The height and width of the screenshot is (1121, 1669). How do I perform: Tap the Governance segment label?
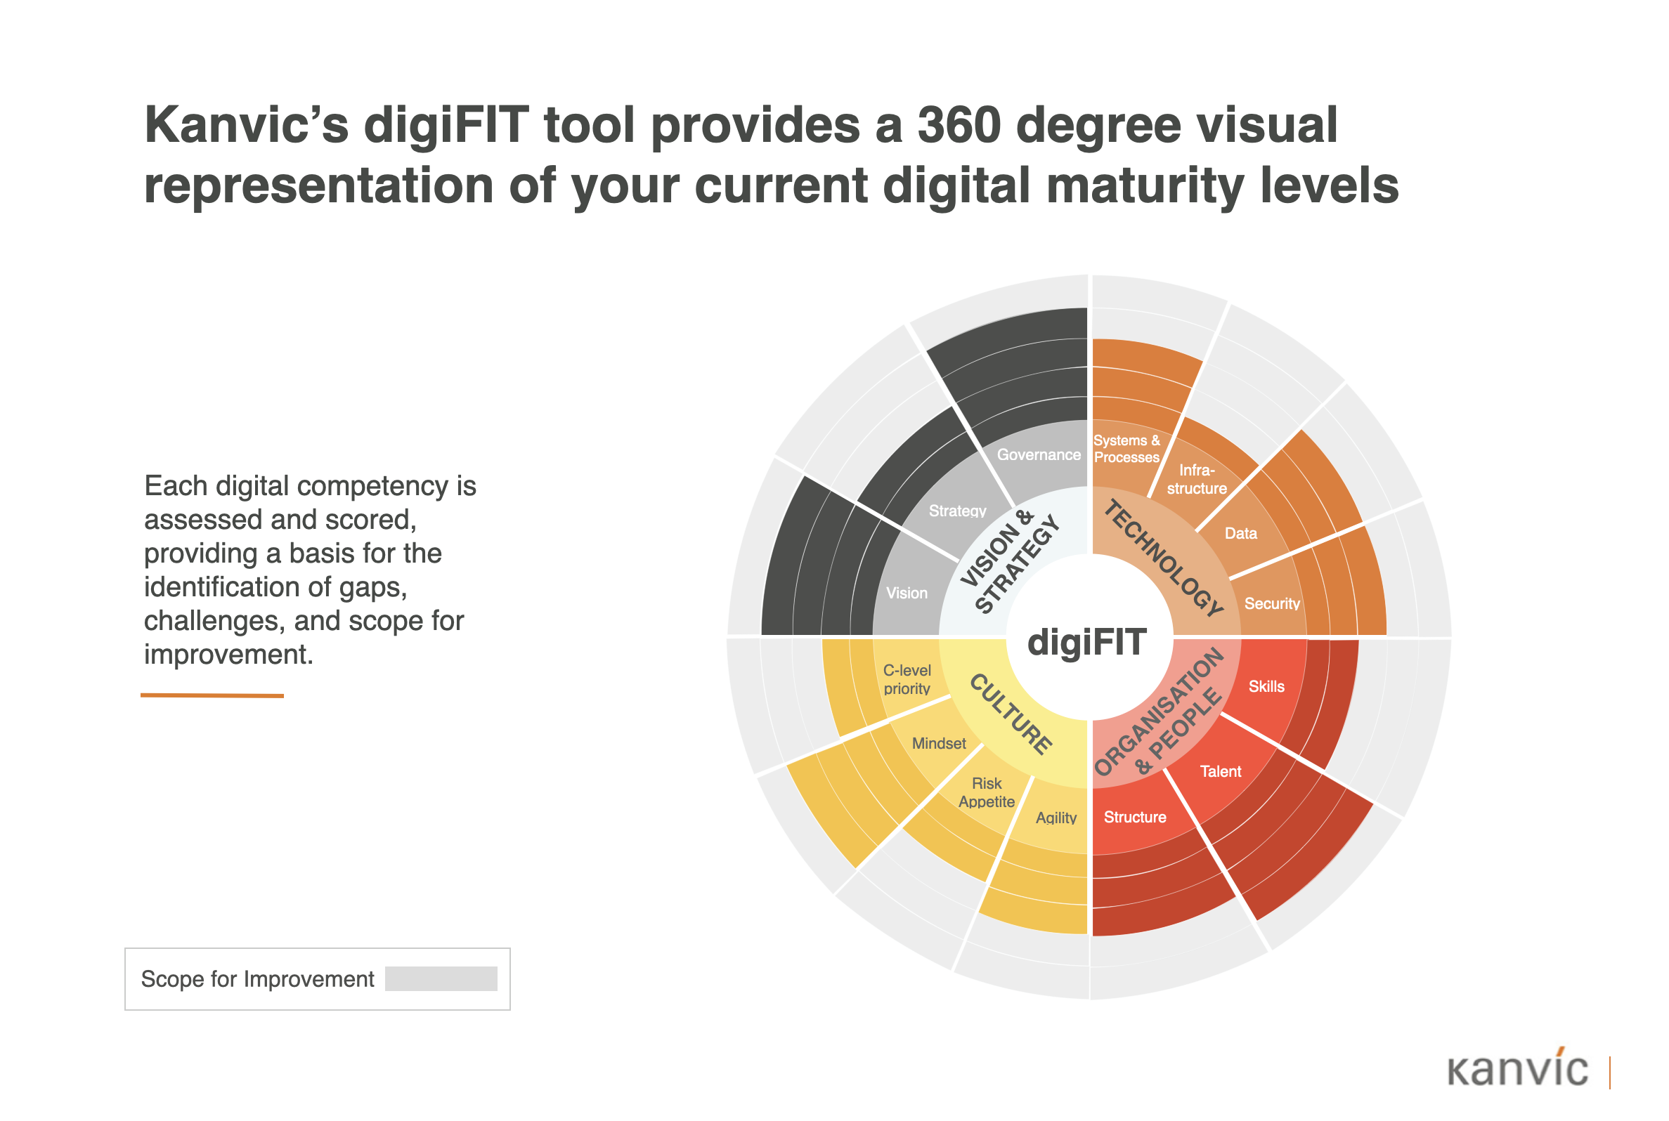tap(1039, 454)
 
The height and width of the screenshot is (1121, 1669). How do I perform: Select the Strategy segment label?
tap(957, 511)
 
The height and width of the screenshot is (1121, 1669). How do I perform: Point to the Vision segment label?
tap(907, 593)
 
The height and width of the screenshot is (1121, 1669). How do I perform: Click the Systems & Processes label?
tap(1126, 449)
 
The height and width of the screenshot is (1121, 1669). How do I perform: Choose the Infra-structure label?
tap(1196, 479)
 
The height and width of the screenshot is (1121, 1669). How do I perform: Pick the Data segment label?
tap(1240, 533)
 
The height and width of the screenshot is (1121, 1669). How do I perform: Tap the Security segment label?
tap(1271, 603)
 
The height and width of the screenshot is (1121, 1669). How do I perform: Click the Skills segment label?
tap(1266, 686)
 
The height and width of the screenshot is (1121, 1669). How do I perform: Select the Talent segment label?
tap(1220, 771)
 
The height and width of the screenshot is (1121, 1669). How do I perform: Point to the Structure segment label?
tap(1134, 817)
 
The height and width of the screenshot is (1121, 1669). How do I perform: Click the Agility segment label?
tap(1056, 818)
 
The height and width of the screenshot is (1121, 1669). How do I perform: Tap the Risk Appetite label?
tap(986, 793)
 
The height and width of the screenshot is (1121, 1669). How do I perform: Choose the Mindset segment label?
tap(938, 744)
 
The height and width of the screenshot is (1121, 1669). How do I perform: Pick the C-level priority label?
tap(907, 679)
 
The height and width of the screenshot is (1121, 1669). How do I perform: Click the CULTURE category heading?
tap(1010, 714)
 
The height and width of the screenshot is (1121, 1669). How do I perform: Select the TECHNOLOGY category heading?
tap(1163, 558)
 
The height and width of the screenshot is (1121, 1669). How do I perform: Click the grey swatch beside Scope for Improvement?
tap(441, 978)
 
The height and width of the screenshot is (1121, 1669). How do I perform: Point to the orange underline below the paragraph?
tap(212, 695)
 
